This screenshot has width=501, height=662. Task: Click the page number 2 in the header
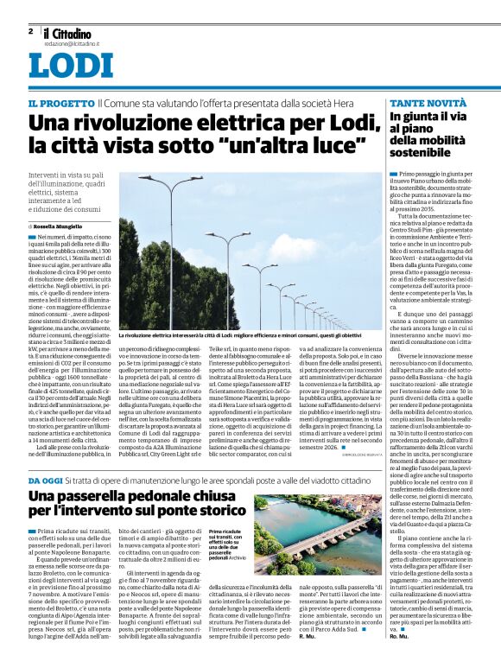(30, 31)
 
